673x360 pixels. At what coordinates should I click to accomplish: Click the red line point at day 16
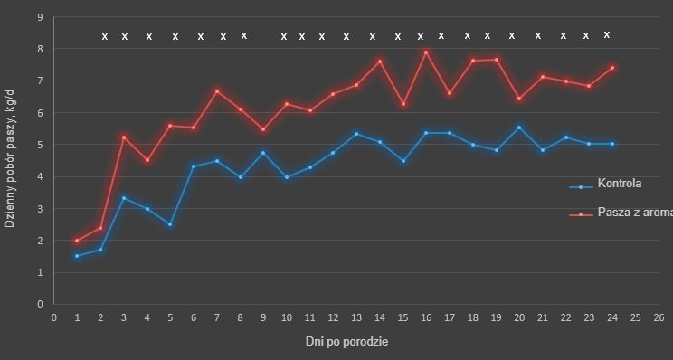[x=426, y=52]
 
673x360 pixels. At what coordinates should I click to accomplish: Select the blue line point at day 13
[x=356, y=134]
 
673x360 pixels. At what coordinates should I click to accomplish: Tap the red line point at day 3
[x=124, y=137]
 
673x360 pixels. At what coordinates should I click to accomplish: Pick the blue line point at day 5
[x=170, y=223]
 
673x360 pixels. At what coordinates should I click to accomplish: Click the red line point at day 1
[x=77, y=241]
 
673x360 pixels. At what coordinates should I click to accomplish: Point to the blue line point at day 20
[x=519, y=128]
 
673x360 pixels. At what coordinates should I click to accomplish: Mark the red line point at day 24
[x=612, y=68]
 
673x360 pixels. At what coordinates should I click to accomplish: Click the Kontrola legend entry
[x=619, y=184]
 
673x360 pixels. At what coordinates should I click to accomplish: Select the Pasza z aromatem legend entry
[x=633, y=212]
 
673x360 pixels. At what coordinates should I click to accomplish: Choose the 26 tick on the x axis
[x=659, y=317]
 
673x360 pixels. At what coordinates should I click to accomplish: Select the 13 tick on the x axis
[x=356, y=317]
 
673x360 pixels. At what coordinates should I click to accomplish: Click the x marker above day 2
[x=104, y=37]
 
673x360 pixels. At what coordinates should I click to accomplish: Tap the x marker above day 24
[x=607, y=34]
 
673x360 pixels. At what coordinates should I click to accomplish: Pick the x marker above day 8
[x=244, y=35]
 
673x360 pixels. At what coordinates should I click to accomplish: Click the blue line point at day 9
[x=263, y=153]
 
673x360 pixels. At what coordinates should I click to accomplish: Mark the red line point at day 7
[x=217, y=90]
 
